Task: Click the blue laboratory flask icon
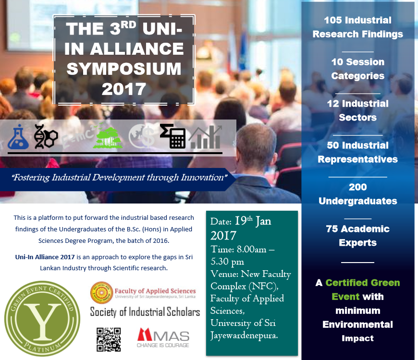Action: (x=18, y=137)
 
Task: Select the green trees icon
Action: (x=108, y=137)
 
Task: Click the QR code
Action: (x=109, y=339)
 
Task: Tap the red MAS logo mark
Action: (x=145, y=335)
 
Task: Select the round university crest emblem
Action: (x=101, y=293)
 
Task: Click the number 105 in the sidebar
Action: (x=333, y=20)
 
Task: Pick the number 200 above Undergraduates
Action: (x=358, y=187)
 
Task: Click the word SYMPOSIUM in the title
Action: (x=124, y=69)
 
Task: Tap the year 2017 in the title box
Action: (x=123, y=89)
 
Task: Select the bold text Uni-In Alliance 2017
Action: (x=45, y=257)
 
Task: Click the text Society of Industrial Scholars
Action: (x=145, y=312)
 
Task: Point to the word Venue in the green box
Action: (x=224, y=274)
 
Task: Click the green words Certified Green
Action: (x=363, y=283)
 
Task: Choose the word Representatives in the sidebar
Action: (x=358, y=159)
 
